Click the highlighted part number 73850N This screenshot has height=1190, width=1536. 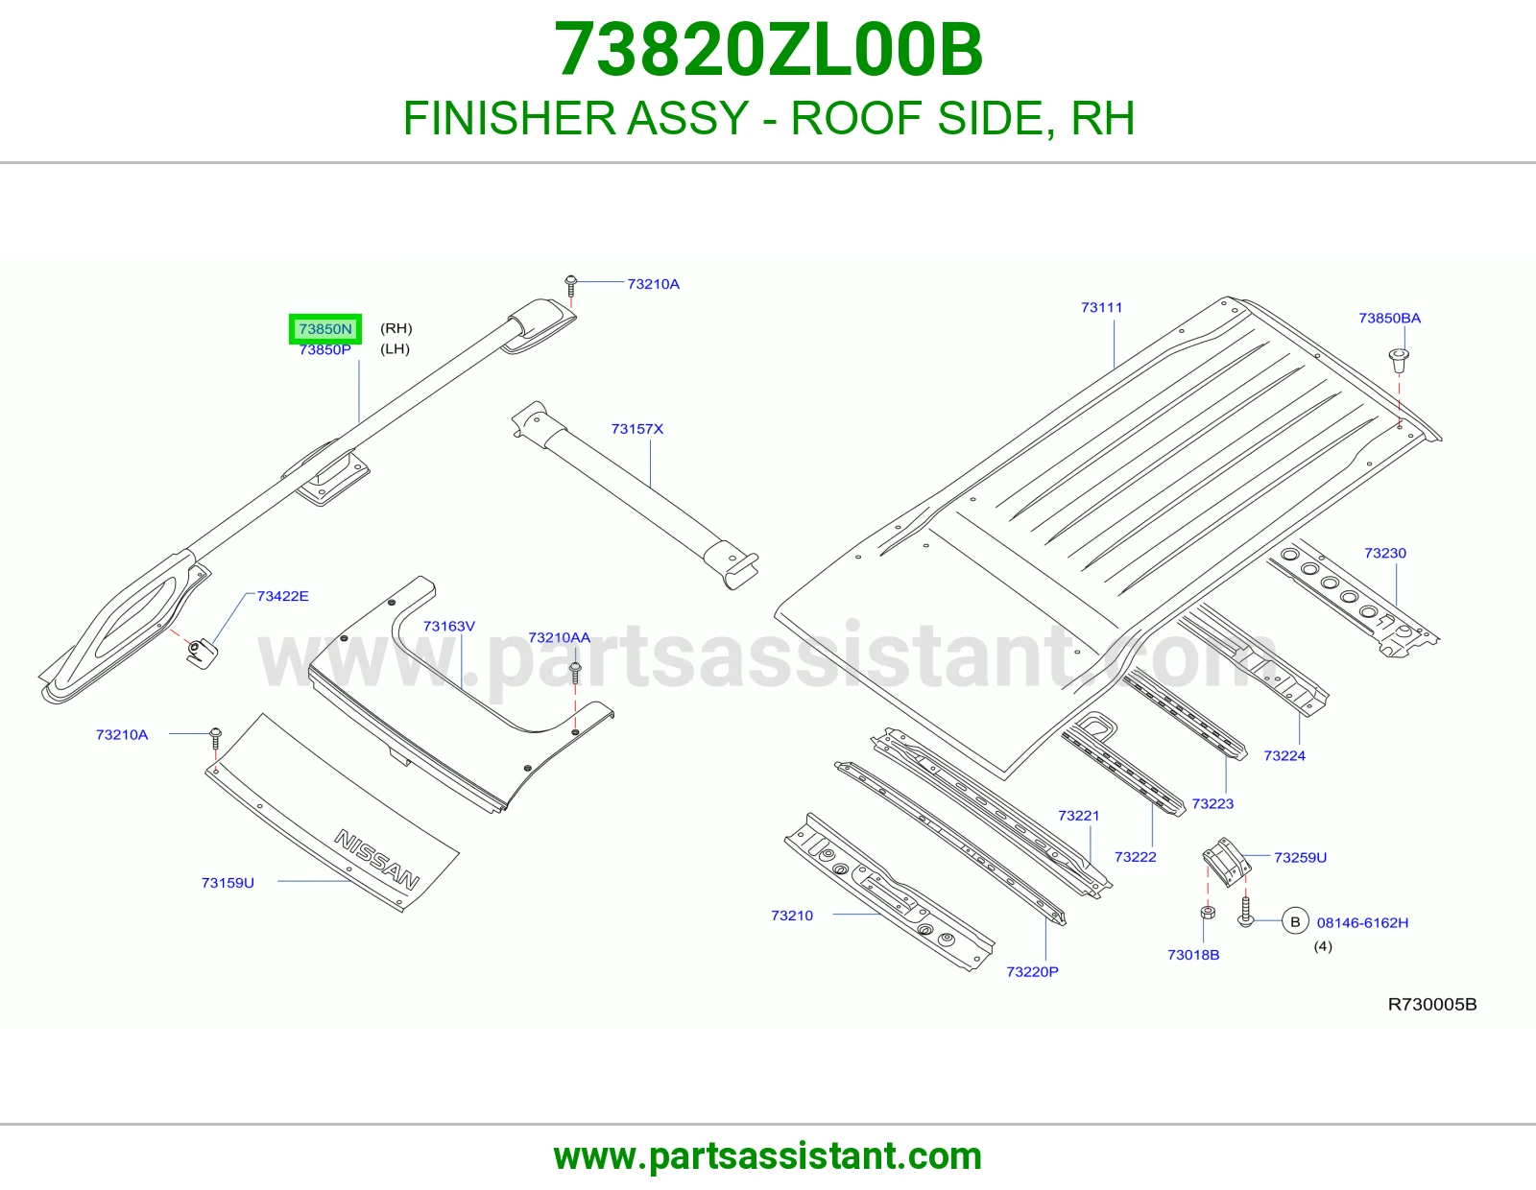point(325,329)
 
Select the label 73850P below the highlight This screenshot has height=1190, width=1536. point(325,349)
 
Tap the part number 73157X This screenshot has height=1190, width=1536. point(636,429)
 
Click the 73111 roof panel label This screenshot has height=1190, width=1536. point(1101,307)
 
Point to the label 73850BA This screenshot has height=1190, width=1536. point(1389,318)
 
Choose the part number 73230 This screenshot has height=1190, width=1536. point(1384,554)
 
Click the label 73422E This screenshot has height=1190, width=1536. point(282,596)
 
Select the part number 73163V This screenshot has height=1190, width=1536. point(449,626)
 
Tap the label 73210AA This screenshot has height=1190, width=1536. point(559,638)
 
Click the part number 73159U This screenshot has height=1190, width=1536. point(228,883)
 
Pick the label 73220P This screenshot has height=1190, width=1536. point(1032,971)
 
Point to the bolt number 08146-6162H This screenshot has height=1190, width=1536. point(1362,923)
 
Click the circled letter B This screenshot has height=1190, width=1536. point(1295,921)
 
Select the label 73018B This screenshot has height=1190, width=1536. point(1193,956)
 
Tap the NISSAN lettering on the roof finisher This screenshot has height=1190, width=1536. point(376,859)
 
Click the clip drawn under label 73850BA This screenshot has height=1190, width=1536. point(1399,361)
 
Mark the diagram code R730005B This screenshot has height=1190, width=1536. point(1432,1004)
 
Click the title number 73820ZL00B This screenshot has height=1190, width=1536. point(768,50)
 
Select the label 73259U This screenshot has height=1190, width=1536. point(1300,858)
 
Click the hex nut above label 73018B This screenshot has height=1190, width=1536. point(1208,913)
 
